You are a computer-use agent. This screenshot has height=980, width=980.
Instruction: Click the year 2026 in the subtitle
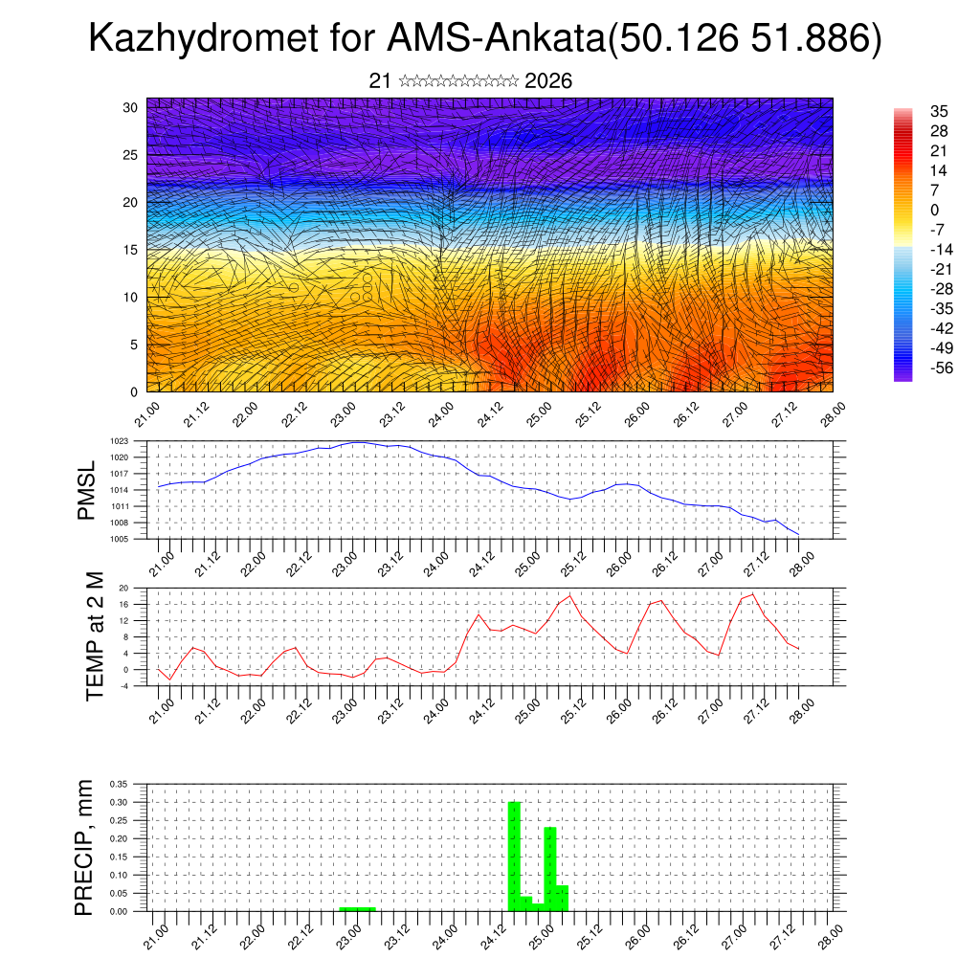(x=548, y=81)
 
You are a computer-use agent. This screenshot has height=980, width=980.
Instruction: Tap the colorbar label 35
(x=939, y=112)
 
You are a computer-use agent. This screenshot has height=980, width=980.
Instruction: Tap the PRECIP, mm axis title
(x=86, y=846)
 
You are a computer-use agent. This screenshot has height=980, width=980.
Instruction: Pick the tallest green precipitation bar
(x=514, y=856)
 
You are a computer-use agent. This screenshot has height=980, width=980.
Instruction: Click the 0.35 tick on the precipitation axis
(x=119, y=784)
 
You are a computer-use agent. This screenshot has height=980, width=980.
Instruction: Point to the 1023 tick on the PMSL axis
(x=119, y=441)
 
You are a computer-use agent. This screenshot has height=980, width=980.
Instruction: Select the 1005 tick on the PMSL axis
(x=119, y=540)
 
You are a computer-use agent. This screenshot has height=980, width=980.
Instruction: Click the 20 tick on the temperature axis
(x=123, y=588)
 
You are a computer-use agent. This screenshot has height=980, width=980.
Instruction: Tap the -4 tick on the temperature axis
(x=123, y=686)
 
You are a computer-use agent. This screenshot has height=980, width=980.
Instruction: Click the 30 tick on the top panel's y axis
(x=130, y=107)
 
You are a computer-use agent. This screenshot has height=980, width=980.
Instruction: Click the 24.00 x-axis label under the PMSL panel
(x=438, y=561)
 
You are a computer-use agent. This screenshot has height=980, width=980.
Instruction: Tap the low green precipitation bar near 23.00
(x=357, y=908)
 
